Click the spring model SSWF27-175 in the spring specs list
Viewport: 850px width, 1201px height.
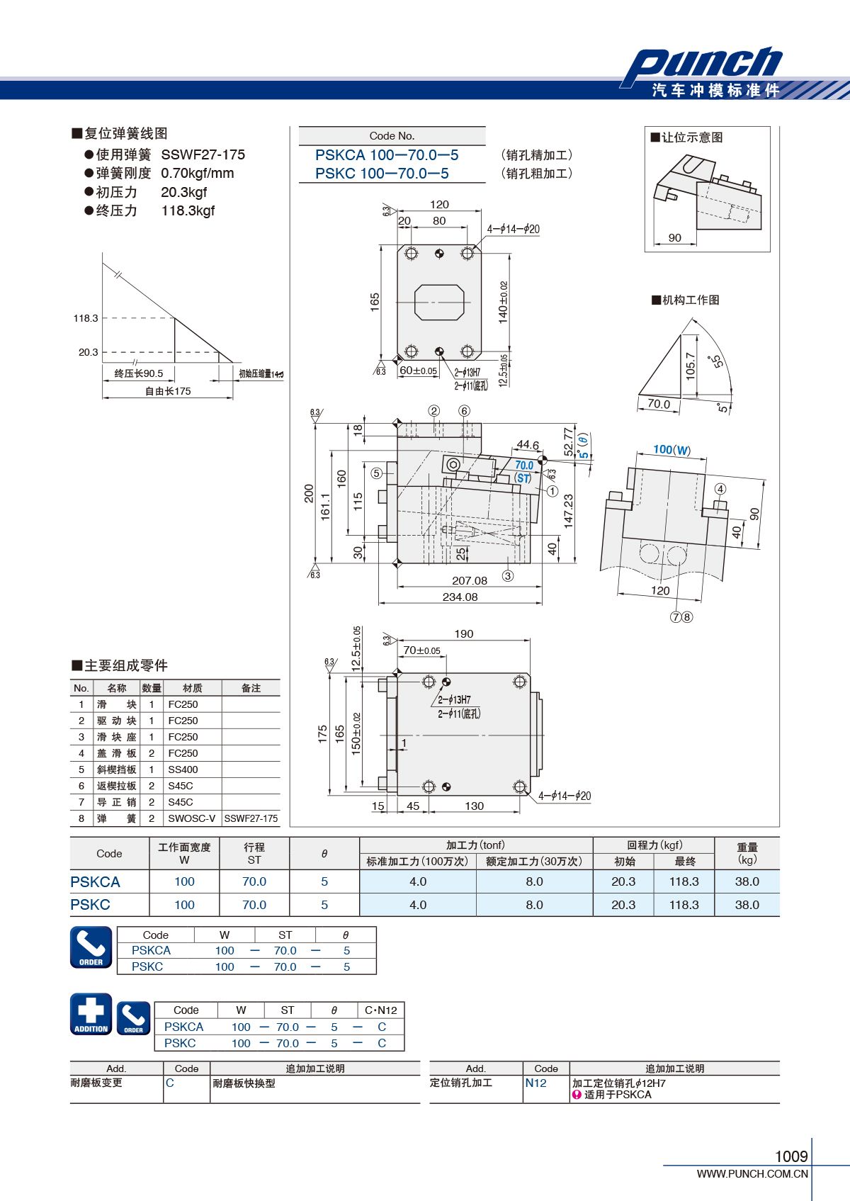pyautogui.click(x=203, y=155)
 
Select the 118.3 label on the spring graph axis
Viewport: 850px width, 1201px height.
pyautogui.click(x=86, y=318)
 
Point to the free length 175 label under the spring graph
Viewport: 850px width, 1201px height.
pyautogui.click(x=168, y=391)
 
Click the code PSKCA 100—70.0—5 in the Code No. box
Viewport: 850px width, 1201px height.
pyautogui.click(x=387, y=155)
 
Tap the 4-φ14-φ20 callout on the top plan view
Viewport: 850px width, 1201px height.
pyautogui.click(x=513, y=229)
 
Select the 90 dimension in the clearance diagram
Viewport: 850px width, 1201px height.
pyautogui.click(x=675, y=237)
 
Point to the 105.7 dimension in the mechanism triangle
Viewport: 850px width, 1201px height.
pyautogui.click(x=691, y=366)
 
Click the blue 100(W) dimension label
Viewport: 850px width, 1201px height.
pyautogui.click(x=671, y=449)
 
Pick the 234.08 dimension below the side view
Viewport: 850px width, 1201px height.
pyautogui.click(x=460, y=597)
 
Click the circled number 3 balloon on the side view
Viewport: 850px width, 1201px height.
pyautogui.click(x=508, y=576)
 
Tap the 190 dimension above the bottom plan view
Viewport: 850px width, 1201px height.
pyautogui.click(x=463, y=633)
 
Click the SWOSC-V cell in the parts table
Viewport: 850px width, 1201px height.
pyautogui.click(x=191, y=818)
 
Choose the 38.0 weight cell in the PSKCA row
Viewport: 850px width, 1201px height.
pyautogui.click(x=747, y=881)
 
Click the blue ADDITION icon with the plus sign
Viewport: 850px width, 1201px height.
pyautogui.click(x=91, y=1014)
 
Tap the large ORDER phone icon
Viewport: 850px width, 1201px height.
pyautogui.click(x=91, y=947)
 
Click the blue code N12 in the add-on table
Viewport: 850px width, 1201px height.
pyautogui.click(x=536, y=1083)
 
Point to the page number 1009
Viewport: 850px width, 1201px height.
pyautogui.click(x=791, y=1156)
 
